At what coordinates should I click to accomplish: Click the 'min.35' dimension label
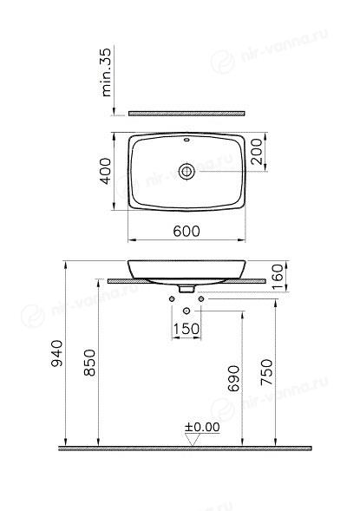[x=107, y=72]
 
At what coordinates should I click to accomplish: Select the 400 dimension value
[x=105, y=171]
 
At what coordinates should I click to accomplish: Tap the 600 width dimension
[x=187, y=231]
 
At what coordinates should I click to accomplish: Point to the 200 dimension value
[x=257, y=152]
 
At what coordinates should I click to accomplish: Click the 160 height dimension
[x=278, y=277]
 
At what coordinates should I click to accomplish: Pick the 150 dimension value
[x=187, y=329]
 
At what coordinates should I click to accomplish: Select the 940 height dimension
[x=56, y=354]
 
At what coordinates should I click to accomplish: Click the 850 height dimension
[x=90, y=363]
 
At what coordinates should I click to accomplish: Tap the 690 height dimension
[x=234, y=378]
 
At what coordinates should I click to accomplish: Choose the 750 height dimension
[x=266, y=372]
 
